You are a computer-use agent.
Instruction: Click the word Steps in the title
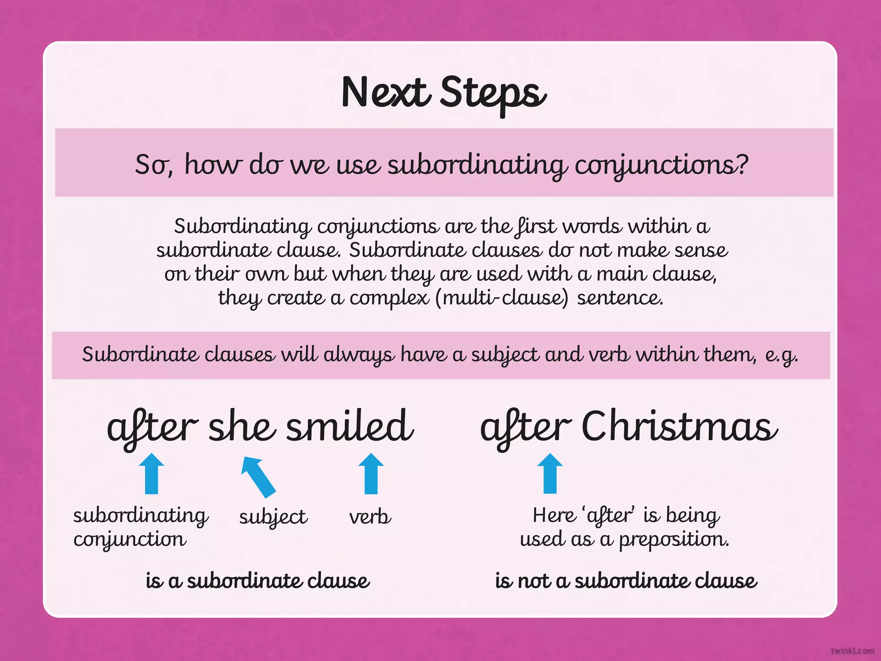click(x=493, y=93)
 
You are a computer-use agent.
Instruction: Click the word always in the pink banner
click(x=359, y=355)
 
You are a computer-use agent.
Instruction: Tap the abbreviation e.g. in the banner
click(x=781, y=355)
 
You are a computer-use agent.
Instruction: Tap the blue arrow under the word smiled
click(x=371, y=473)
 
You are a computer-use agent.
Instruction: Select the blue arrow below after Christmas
click(x=550, y=473)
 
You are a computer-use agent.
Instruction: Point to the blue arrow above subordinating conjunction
click(x=151, y=473)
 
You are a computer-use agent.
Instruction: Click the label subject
click(x=273, y=517)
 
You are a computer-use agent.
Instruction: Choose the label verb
click(x=370, y=517)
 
